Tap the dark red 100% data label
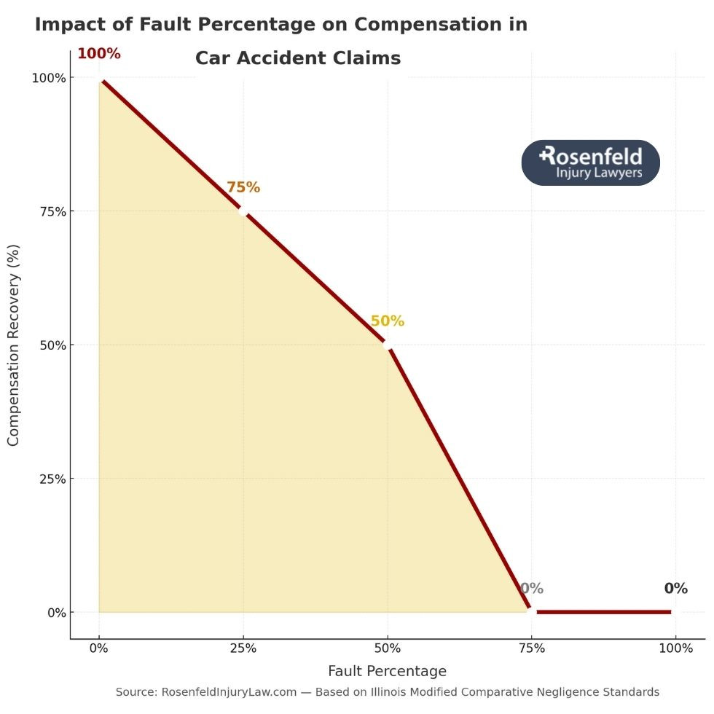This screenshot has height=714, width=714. (99, 54)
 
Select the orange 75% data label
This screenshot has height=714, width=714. (243, 187)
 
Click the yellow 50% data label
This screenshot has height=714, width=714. (387, 321)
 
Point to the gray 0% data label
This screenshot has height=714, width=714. (531, 589)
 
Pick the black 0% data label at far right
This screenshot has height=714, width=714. (675, 589)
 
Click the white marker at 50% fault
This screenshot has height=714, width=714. (388, 345)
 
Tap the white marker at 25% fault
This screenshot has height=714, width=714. (243, 211)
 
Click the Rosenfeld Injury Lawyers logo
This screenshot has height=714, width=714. (590, 162)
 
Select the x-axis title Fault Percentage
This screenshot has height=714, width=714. (387, 671)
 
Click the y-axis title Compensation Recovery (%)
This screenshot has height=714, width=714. (13, 345)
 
